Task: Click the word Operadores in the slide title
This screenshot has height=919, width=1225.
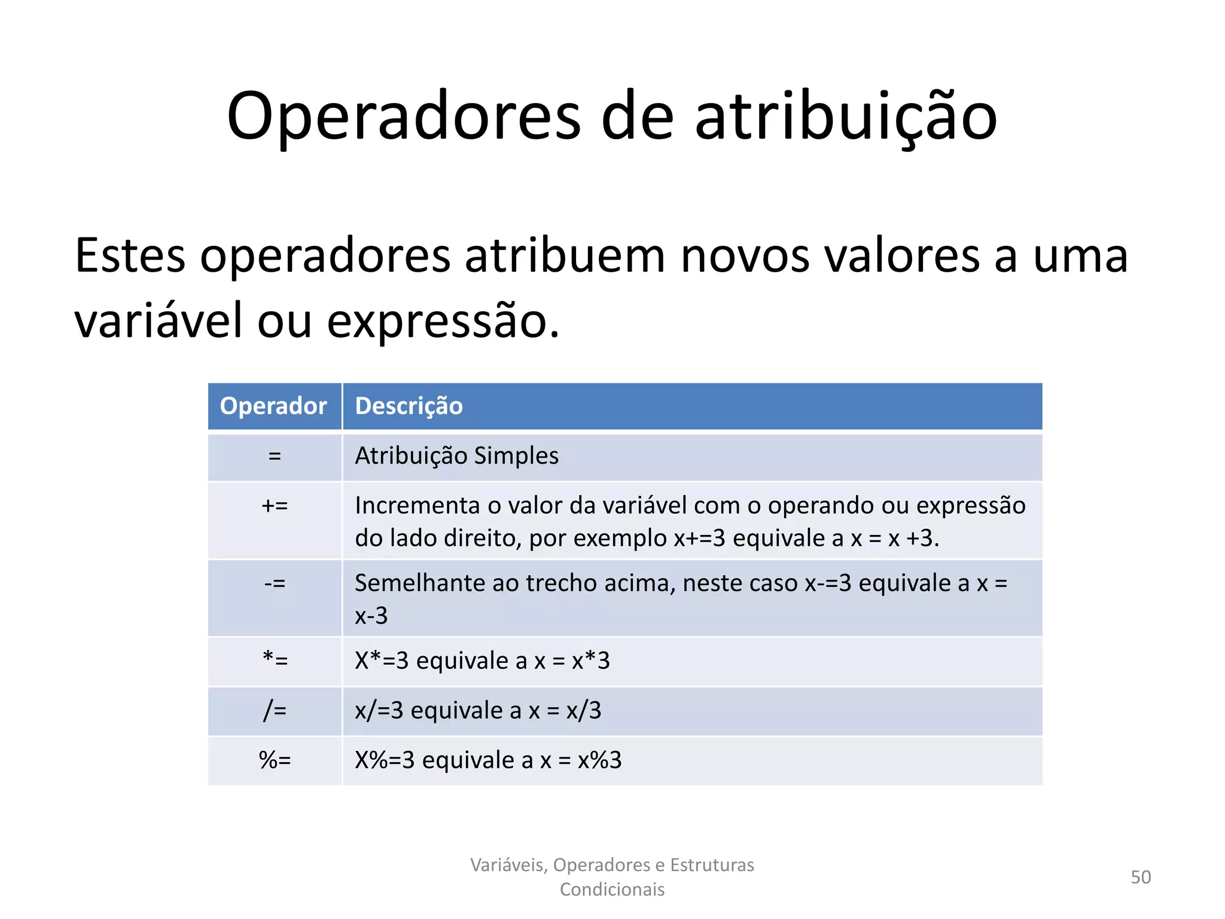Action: tap(404, 117)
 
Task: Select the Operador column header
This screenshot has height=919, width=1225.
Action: tap(273, 406)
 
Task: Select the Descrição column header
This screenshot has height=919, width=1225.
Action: tap(409, 406)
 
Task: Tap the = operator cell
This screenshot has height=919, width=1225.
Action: tap(275, 457)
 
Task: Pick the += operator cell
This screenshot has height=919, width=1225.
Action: tap(275, 506)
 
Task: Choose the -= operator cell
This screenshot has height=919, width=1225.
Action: tap(275, 583)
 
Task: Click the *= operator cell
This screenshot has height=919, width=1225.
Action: tap(275, 661)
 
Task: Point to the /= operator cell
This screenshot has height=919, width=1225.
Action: tap(275, 711)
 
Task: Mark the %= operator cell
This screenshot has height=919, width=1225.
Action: tap(275, 760)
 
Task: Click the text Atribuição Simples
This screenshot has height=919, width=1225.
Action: tap(457, 456)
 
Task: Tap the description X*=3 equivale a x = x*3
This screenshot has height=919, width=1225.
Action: tap(482, 661)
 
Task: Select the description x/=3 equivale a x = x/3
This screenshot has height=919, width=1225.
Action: tap(478, 711)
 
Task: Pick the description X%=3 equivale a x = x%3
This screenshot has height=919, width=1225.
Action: tap(488, 760)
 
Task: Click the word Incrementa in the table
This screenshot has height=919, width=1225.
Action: tap(418, 506)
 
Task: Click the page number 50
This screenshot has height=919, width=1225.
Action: tap(1141, 877)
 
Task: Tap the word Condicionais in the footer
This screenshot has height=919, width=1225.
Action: tap(612, 890)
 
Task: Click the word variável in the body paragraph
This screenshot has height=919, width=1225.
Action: tap(158, 321)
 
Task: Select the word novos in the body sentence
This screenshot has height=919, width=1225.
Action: tap(745, 256)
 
